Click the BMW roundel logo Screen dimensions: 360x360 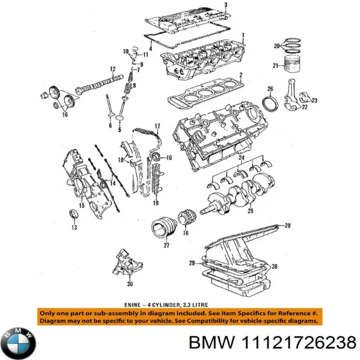pos(19,343)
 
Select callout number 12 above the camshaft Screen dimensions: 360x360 pos(112,70)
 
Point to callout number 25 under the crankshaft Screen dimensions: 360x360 pos(250,211)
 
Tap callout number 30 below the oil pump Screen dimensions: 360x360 pos(130,285)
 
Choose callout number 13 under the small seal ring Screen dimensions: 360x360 pos(74,228)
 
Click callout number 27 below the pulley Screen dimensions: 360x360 pos(166,244)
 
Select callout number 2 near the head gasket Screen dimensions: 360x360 pos(240,75)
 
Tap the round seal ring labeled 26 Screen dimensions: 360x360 pos(271,103)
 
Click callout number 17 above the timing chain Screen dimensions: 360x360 pos(157,125)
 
